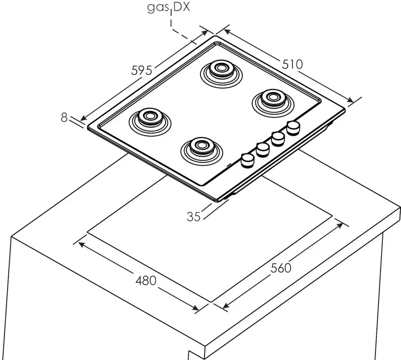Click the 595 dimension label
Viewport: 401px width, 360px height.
point(142,70)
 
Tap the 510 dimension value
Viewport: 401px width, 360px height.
point(292,64)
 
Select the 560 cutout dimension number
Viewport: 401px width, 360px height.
point(281,268)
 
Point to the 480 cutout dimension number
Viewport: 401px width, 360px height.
point(146,281)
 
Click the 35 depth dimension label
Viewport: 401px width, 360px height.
point(194,217)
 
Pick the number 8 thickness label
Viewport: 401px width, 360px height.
point(64,117)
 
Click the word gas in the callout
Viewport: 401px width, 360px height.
point(158,8)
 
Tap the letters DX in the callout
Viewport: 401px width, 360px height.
point(182,7)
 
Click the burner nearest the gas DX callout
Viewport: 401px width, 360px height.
point(221,73)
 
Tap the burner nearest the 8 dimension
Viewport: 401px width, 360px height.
point(150,121)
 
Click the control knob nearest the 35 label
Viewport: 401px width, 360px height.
point(247,161)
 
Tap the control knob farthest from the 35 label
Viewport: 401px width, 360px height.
point(294,127)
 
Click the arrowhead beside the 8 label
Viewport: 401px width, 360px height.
point(83,118)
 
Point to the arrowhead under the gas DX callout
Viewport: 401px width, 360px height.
point(205,33)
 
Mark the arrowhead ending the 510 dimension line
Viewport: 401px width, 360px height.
point(350,100)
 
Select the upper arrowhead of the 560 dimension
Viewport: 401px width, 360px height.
point(340,225)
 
